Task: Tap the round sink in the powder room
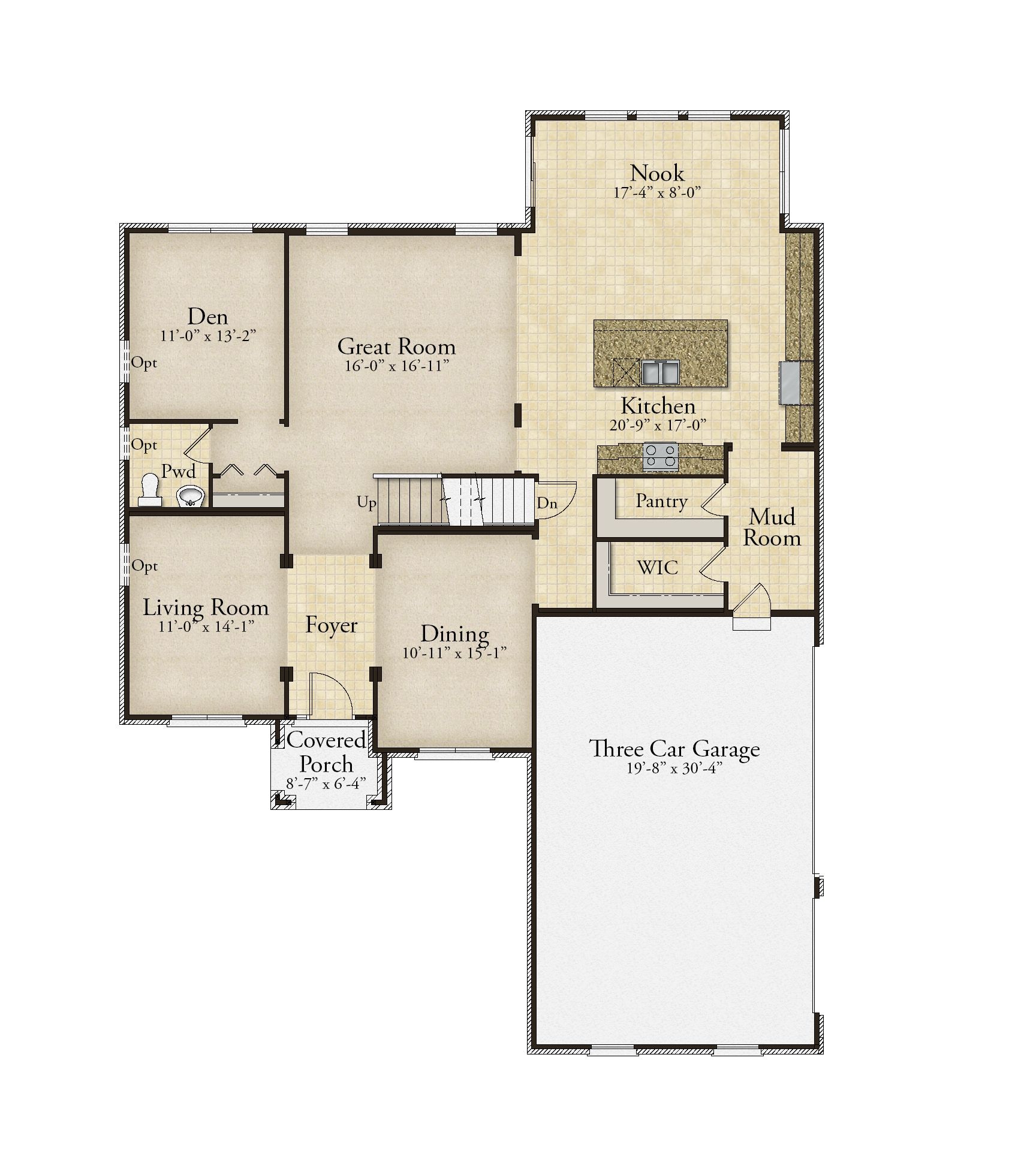point(191,496)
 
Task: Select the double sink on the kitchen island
point(661,372)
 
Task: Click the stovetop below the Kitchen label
point(660,456)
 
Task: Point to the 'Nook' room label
point(657,173)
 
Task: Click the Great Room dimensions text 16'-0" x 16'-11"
point(397,366)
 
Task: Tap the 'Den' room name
point(207,316)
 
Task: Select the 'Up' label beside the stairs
point(366,502)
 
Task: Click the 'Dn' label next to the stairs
point(547,503)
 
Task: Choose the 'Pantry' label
point(661,501)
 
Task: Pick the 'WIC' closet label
point(658,567)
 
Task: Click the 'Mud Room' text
point(772,527)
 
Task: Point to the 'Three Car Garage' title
point(674,749)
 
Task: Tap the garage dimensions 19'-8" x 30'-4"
point(674,769)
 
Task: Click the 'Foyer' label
point(331,625)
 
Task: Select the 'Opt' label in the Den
point(144,363)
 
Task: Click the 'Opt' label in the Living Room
point(144,566)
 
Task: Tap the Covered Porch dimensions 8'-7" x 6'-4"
point(326,784)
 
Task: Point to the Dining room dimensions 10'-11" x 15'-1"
point(455,653)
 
